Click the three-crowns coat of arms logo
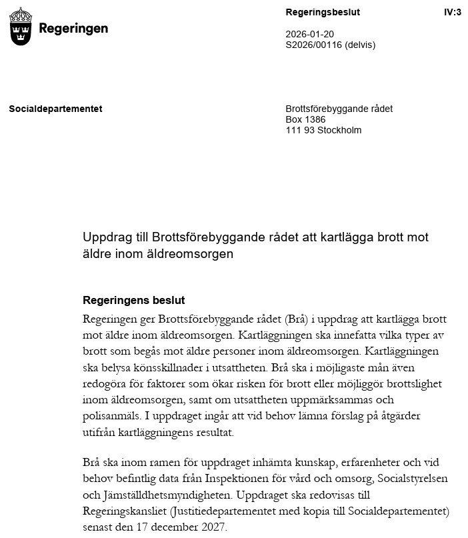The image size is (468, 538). [21, 26]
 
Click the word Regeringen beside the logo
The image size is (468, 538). [73, 29]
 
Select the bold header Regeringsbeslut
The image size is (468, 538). [322, 12]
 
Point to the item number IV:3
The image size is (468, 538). [452, 12]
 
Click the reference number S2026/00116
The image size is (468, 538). [313, 45]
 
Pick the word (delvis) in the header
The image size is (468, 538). [360, 45]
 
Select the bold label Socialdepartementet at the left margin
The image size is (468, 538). [55, 109]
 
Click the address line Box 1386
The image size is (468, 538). [305, 119]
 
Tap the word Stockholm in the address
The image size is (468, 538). [339, 130]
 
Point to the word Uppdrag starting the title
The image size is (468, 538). [105, 237]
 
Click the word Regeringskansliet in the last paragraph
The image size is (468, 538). [125, 512]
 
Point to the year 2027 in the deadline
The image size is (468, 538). [212, 528]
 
